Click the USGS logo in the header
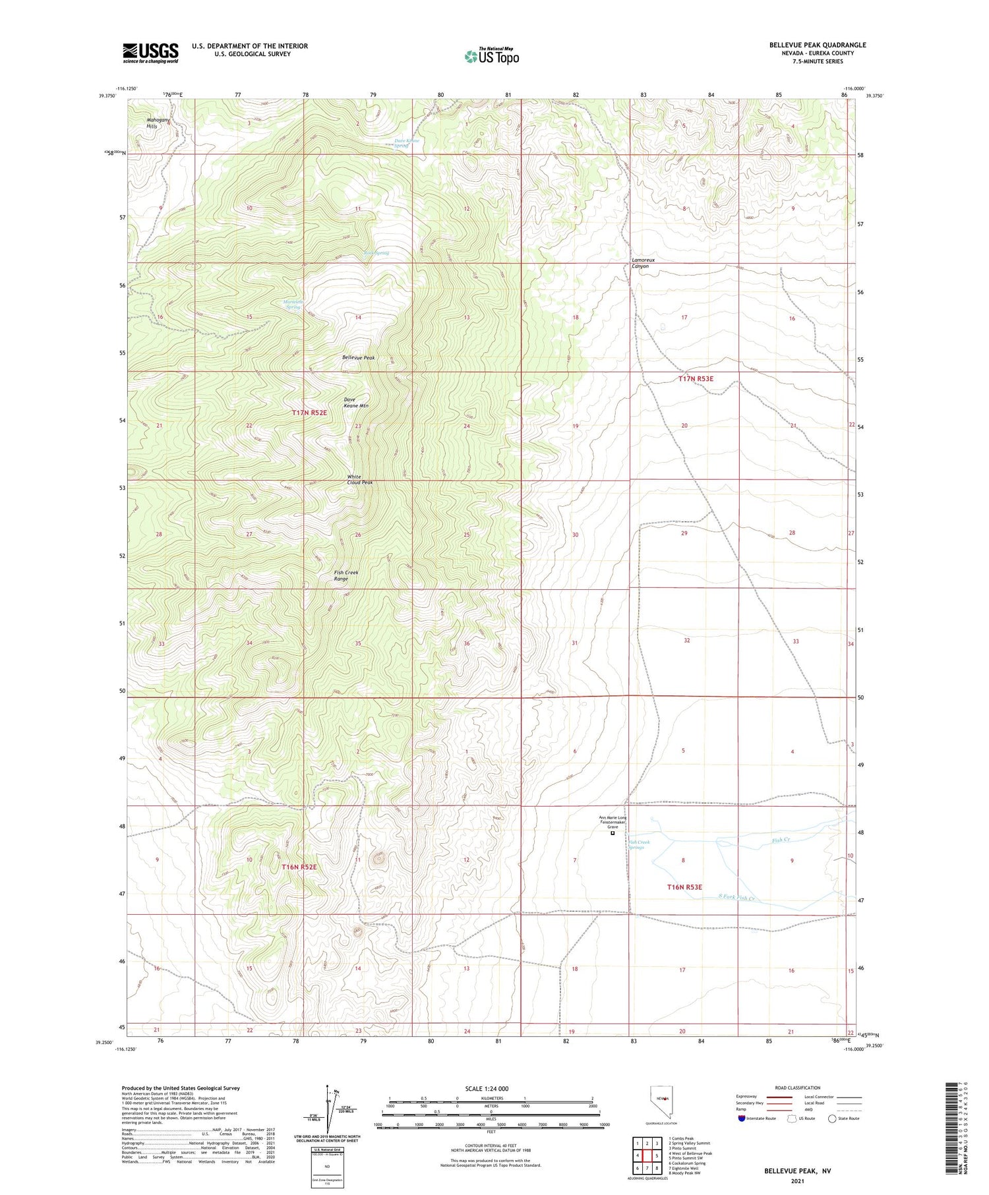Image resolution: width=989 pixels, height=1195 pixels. [150, 53]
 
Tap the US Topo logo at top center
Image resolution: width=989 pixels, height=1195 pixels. [491, 56]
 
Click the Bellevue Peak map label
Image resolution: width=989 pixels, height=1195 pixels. [358, 357]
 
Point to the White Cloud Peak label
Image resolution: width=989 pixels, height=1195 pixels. [360, 479]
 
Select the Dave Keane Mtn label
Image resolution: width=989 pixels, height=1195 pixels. [356, 403]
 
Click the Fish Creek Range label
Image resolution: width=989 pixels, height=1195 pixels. [346, 575]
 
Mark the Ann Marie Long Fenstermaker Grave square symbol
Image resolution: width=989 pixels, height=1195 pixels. [613, 833]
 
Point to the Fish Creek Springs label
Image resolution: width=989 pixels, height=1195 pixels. [639, 845]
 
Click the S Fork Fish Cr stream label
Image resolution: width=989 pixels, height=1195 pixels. [736, 897]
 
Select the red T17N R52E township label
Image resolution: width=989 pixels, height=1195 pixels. [309, 413]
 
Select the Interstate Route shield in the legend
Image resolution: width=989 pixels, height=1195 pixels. [742, 1119]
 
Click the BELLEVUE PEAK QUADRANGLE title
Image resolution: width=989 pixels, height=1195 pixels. [817, 45]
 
